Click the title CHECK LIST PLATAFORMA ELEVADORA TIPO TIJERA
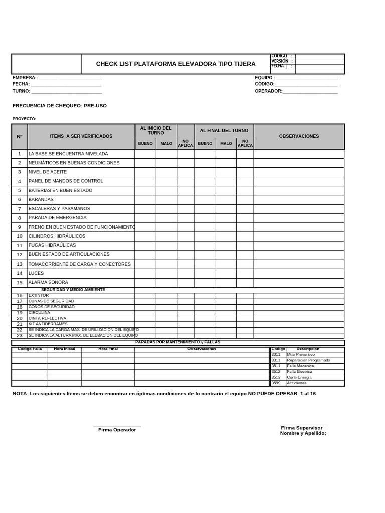tap(175, 64)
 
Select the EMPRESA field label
tap(25, 78)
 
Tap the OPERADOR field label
tap(268, 91)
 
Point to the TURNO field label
tap(21, 91)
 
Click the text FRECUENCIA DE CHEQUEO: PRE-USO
tap(59, 106)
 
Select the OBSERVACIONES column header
tap(299, 136)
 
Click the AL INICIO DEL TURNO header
tap(155, 130)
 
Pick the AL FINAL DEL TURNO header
tap(224, 130)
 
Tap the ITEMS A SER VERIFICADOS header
tap(81, 136)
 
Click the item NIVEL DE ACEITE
tap(48, 172)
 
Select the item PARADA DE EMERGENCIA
tap(57, 218)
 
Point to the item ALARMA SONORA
tap(48, 283)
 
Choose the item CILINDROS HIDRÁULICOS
tap(57, 236)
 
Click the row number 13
tap(20, 264)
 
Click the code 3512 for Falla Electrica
tap(276, 372)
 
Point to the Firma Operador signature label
tap(117, 430)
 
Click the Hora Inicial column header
tap(64, 349)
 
